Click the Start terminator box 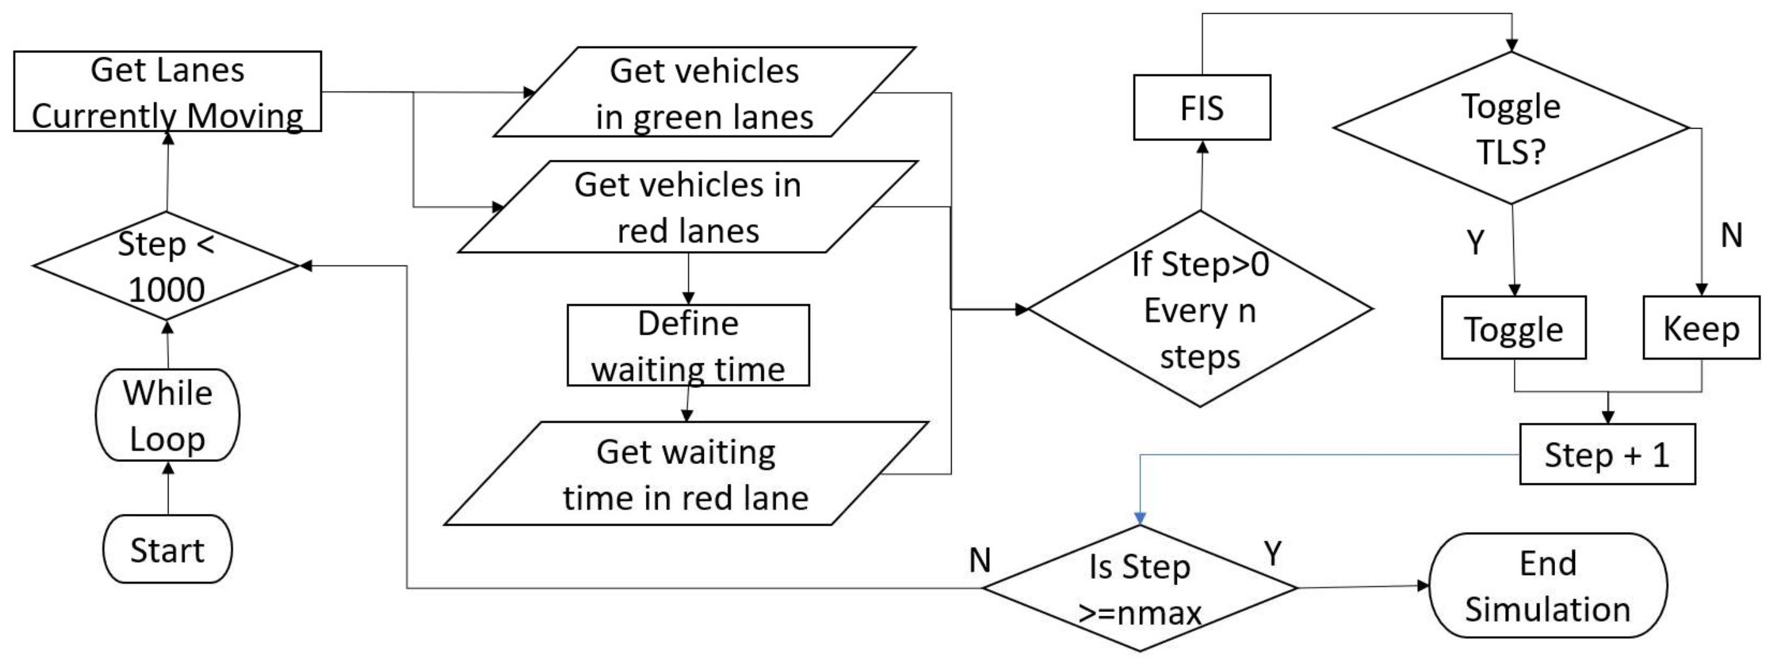point(167,549)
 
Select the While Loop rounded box point(167,415)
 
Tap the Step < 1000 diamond point(167,266)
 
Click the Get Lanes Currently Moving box point(167,91)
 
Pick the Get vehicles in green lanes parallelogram point(704,92)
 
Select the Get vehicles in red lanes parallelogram point(688,207)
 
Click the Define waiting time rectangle point(688,345)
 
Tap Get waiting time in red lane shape point(686,474)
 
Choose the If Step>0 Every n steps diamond point(1199,310)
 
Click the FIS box point(1202,108)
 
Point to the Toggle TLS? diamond point(1510,129)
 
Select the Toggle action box point(1513,328)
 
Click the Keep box point(1701,328)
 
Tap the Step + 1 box point(1607,455)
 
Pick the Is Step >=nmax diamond point(1139,589)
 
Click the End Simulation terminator point(1548,586)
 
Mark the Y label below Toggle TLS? point(1475,242)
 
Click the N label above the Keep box point(1730,236)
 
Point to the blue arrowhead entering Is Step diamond point(1140,518)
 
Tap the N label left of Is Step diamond point(980,561)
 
